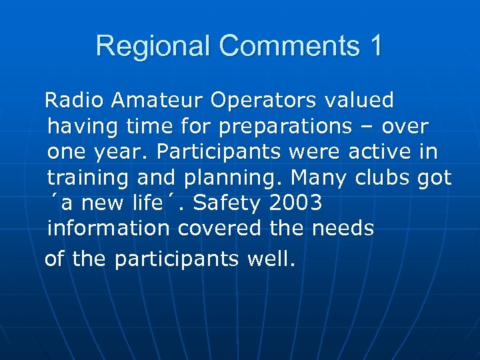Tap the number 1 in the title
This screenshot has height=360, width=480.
[x=375, y=47]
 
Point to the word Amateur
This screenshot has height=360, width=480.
[x=158, y=100]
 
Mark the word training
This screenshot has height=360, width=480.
[x=89, y=179]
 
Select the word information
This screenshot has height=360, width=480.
[x=109, y=228]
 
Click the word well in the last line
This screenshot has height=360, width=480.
[x=269, y=259]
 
